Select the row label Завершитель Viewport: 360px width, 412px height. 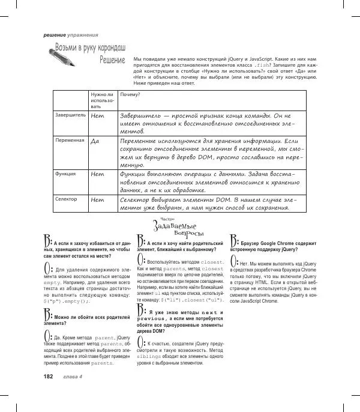pyautogui.click(x=70, y=112)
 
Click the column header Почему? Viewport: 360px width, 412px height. pyautogui.click(x=130, y=95)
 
